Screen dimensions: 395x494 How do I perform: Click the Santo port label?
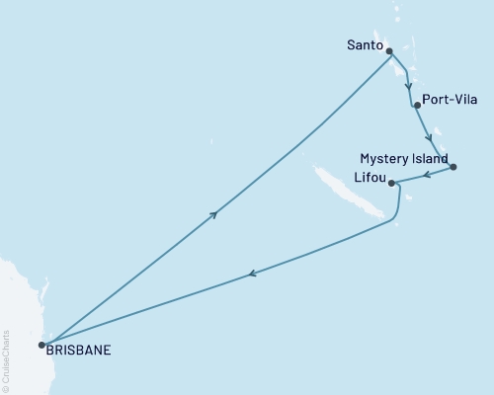[x=365, y=44]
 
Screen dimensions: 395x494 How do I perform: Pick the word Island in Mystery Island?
[x=430, y=159]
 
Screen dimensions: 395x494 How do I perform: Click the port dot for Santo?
[x=388, y=51]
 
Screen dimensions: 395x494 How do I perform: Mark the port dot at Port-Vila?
[x=417, y=105]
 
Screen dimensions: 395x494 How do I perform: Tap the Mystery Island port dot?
[x=453, y=167]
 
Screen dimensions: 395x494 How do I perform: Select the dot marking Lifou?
[x=392, y=183]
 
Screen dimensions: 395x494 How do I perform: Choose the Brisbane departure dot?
[x=41, y=345]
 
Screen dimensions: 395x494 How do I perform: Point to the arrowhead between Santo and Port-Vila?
[x=408, y=85]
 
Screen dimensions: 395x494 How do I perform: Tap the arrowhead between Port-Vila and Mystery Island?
[x=428, y=136]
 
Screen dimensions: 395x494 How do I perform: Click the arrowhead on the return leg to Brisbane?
[x=253, y=274]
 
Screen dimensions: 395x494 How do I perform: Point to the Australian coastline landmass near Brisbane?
[x=15, y=296]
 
